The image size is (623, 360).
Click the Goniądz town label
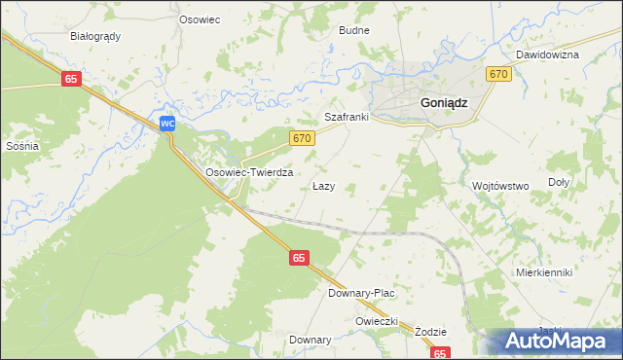click(x=443, y=102)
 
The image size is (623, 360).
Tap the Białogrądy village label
click(x=95, y=36)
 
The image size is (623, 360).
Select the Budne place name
click(x=353, y=30)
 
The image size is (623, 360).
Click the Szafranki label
click(x=346, y=117)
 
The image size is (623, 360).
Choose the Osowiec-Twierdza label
click(x=249, y=171)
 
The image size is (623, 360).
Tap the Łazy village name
click(x=323, y=186)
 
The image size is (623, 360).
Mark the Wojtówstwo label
click(x=499, y=186)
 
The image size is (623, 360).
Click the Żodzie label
click(x=430, y=332)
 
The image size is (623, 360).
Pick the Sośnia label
click(x=21, y=146)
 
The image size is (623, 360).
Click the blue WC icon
click(x=167, y=124)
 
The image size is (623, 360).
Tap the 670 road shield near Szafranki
click(x=302, y=139)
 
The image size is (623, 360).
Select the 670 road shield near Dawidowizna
click(x=498, y=75)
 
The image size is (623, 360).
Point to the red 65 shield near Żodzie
click(x=441, y=354)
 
